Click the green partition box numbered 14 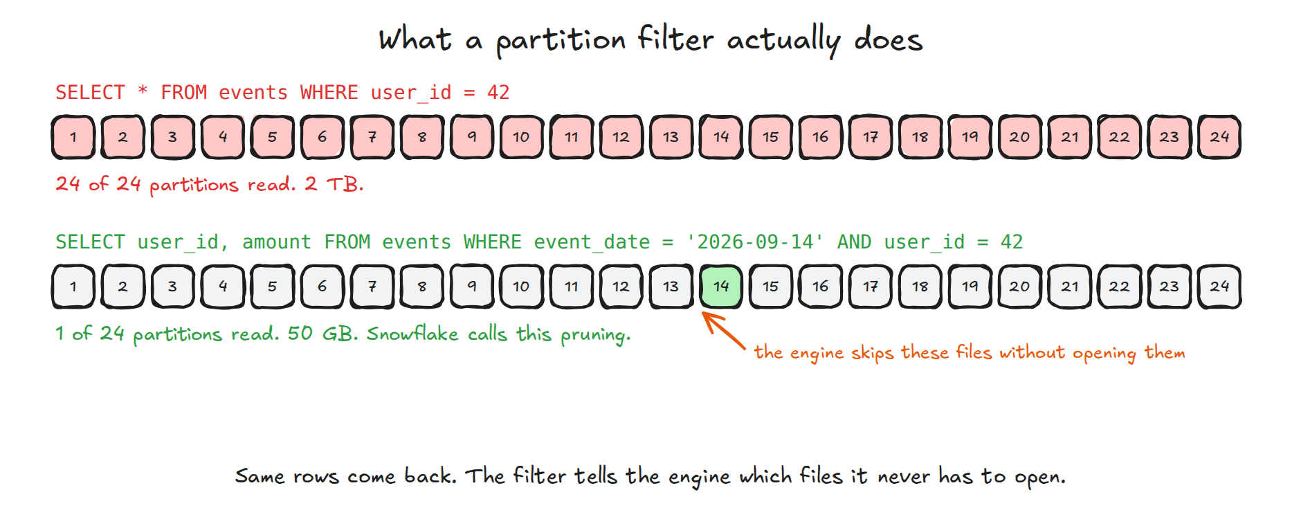(x=720, y=286)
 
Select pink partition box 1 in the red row (x=73, y=137)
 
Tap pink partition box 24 (x=1219, y=137)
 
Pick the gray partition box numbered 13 (x=671, y=286)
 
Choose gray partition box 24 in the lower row (x=1219, y=286)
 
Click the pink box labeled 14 (x=720, y=137)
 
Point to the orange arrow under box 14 (x=723, y=330)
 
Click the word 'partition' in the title (x=561, y=40)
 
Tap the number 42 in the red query (x=498, y=92)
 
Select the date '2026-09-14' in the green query (x=754, y=242)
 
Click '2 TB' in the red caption (x=333, y=184)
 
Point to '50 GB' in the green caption (x=321, y=334)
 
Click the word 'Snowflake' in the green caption (x=412, y=334)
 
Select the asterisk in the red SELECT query (x=143, y=91)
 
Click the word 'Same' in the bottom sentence (x=260, y=476)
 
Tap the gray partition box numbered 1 (x=73, y=286)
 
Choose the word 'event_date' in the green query (x=592, y=242)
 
